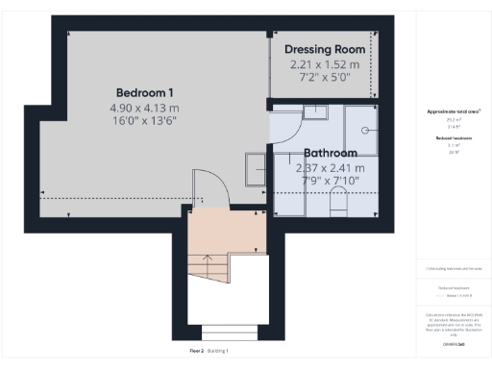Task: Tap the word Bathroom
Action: click(x=330, y=153)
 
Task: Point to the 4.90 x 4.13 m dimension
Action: click(x=144, y=109)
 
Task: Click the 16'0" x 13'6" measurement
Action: click(x=144, y=123)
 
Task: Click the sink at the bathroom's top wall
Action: click(x=316, y=112)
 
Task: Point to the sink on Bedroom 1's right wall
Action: click(x=257, y=168)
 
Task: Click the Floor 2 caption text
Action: click(x=197, y=351)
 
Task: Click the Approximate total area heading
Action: click(x=451, y=112)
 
